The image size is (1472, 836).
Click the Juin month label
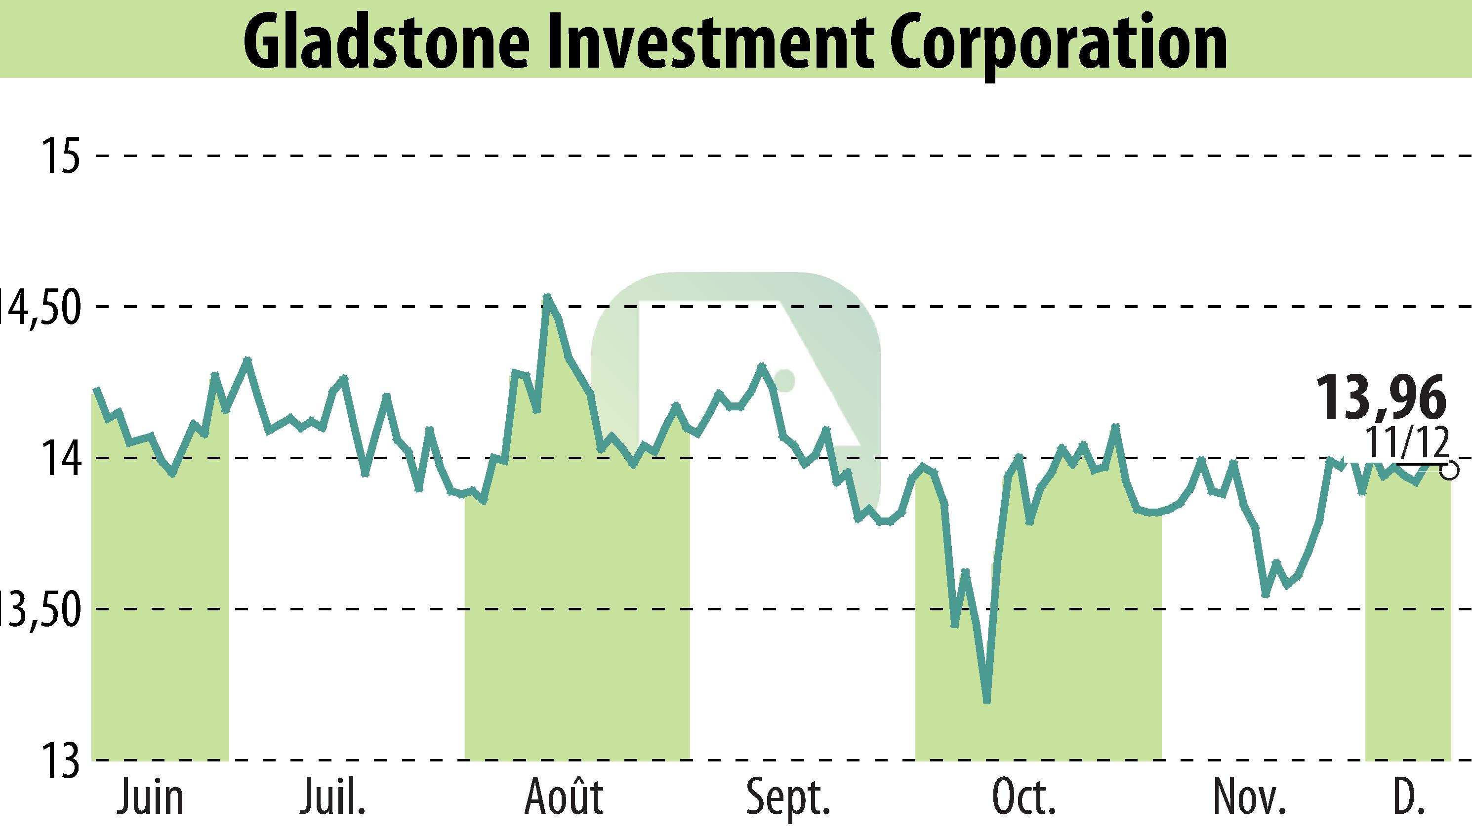pyautogui.click(x=151, y=798)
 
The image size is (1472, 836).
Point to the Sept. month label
pyautogui.click(x=788, y=798)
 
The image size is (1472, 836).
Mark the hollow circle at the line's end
pyautogui.click(x=1450, y=471)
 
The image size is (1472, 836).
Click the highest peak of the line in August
pyautogui.click(x=547, y=297)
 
